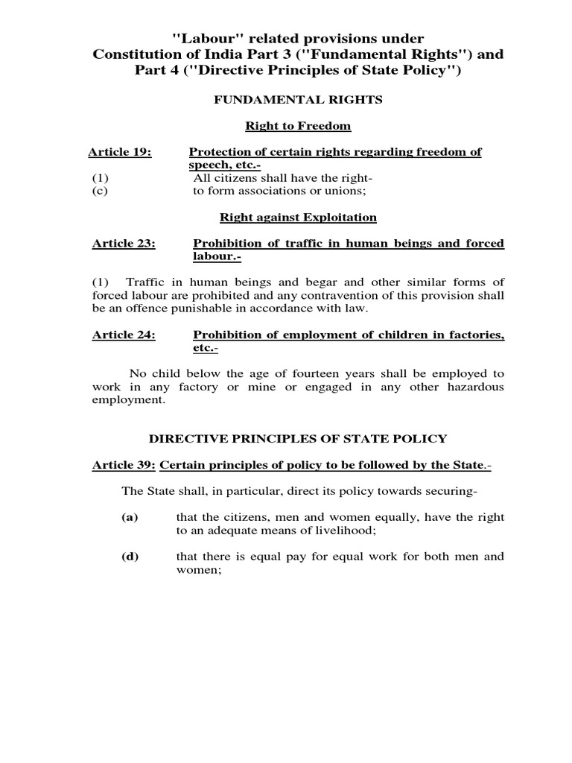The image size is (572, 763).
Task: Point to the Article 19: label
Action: (x=119, y=152)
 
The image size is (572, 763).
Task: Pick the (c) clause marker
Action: (x=100, y=191)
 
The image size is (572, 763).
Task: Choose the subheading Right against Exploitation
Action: (x=298, y=217)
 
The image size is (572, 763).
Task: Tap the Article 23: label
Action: (x=124, y=244)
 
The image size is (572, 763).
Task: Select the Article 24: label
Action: (x=124, y=335)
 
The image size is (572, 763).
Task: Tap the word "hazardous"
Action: (x=473, y=387)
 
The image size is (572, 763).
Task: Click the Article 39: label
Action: (x=123, y=465)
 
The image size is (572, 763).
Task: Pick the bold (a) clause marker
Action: (x=130, y=516)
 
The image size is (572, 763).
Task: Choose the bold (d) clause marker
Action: (x=130, y=556)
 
